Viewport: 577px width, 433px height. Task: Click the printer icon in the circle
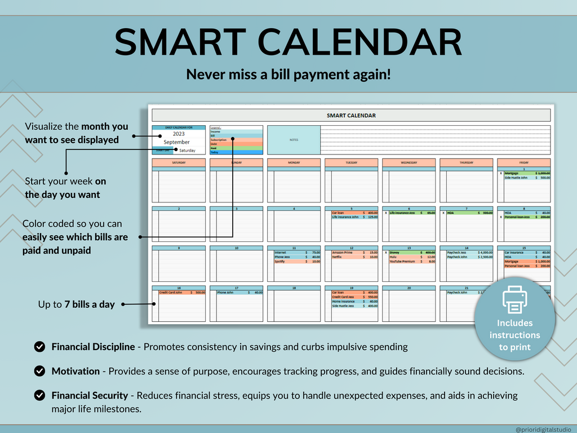coord(514,299)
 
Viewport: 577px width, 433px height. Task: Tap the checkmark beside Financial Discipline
coord(39,347)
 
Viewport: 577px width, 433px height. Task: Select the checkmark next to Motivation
coord(39,371)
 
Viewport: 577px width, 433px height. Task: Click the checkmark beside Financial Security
coord(39,396)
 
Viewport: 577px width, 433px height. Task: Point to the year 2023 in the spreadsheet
coord(179,134)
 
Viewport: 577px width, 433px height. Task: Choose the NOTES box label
coord(294,140)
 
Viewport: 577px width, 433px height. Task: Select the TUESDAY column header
coord(351,162)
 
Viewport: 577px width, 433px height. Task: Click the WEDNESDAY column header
coord(409,162)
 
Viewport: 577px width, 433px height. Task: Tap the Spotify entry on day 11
coord(280,262)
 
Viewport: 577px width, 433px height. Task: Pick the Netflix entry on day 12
coord(338,257)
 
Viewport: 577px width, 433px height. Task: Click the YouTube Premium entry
coord(402,262)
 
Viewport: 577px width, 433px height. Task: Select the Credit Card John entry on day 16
coord(171,293)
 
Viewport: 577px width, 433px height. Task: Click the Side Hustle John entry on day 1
coord(516,178)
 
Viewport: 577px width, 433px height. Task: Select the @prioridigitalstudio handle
coord(543,429)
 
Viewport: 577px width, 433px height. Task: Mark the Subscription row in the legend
coord(219,140)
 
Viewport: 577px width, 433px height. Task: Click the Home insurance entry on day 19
coord(343,302)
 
